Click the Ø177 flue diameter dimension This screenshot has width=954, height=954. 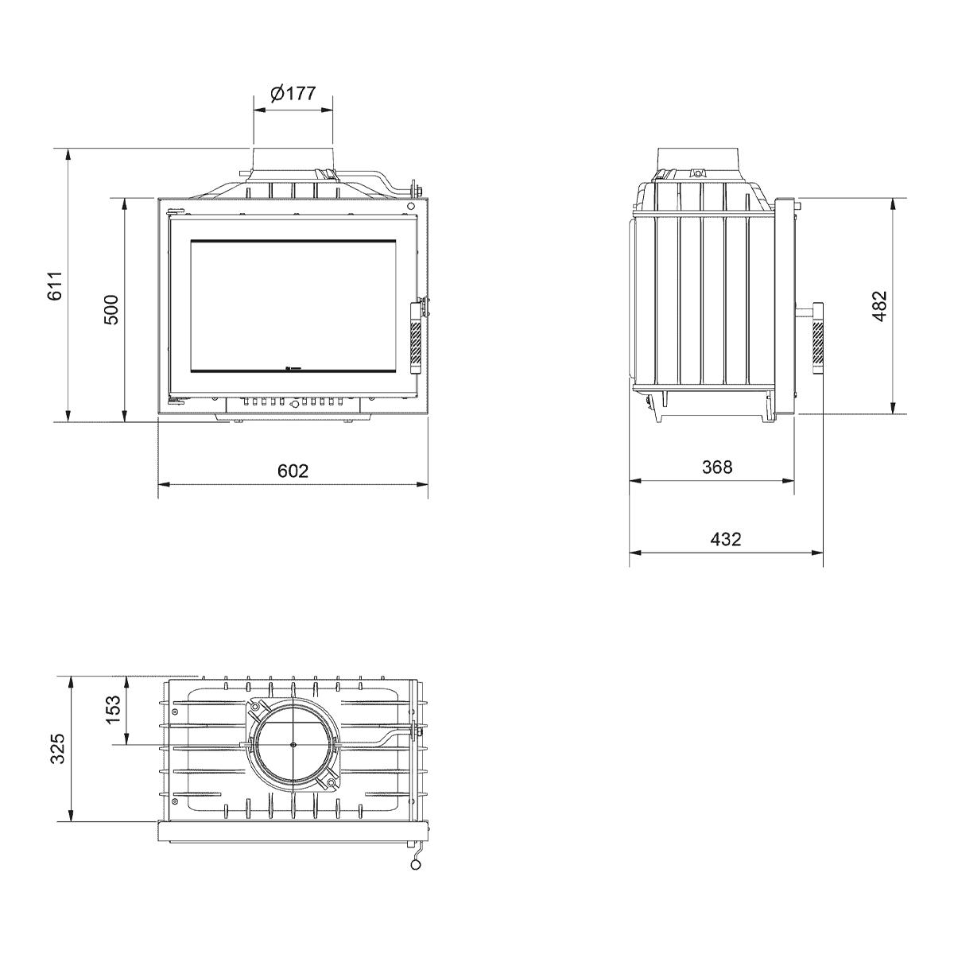(x=293, y=92)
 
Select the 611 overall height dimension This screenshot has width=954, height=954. (x=55, y=285)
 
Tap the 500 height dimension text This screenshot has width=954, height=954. (x=111, y=309)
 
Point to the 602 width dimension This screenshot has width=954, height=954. (x=293, y=471)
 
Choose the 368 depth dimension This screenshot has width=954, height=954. (x=717, y=467)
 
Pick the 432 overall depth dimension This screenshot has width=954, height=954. (x=725, y=539)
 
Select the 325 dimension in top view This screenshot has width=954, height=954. (x=58, y=748)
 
